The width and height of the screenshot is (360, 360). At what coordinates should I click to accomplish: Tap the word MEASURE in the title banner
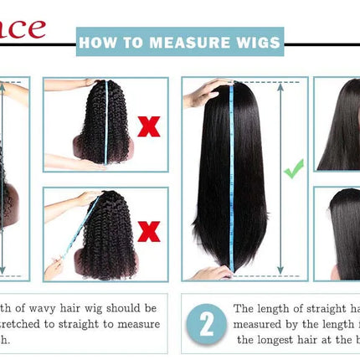coord(184,41)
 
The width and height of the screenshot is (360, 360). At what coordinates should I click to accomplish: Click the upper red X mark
coord(149,127)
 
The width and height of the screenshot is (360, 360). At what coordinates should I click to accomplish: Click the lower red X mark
coord(149,231)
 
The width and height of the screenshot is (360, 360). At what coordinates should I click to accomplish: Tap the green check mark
coord(293,170)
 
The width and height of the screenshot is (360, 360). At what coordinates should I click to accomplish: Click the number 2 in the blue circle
coord(206,323)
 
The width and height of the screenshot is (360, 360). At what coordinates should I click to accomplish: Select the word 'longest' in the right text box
coord(284,339)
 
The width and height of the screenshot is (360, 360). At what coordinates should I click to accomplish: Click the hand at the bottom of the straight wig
coord(210,272)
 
